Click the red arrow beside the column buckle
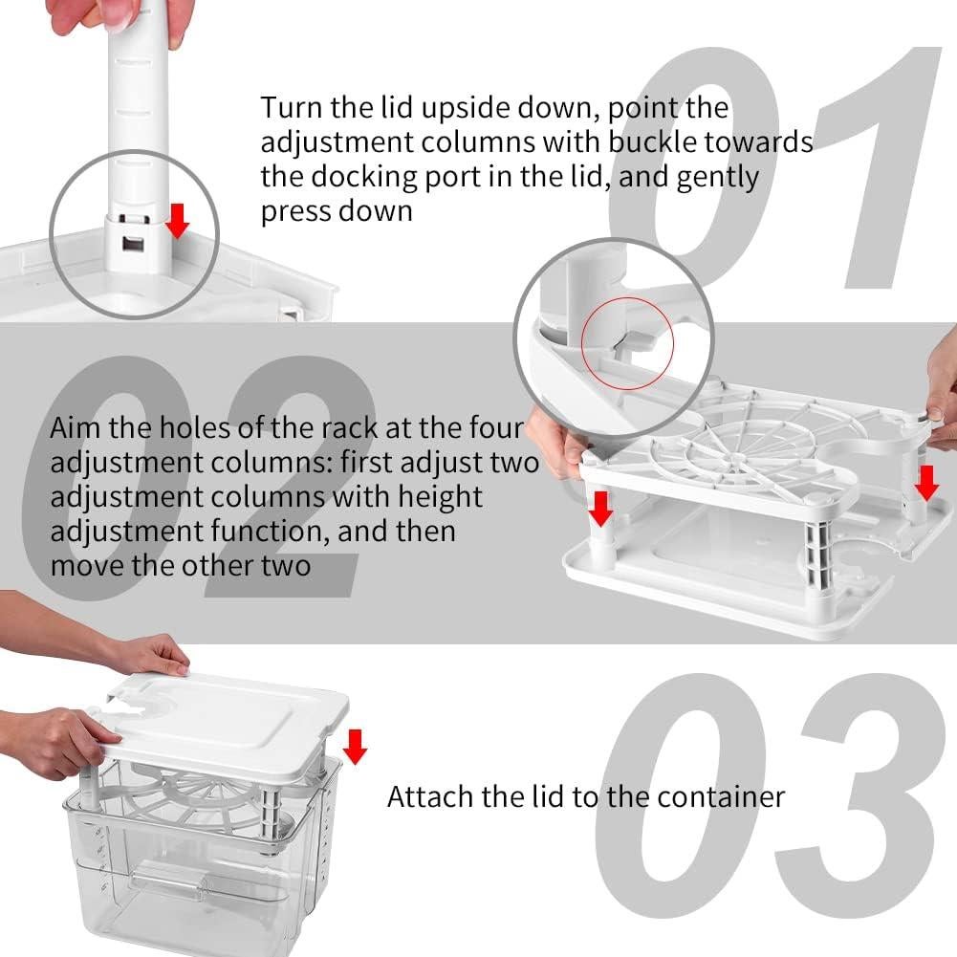coord(178,221)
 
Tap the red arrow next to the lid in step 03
coord(355,746)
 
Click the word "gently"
coord(717,177)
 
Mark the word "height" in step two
coord(436,497)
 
